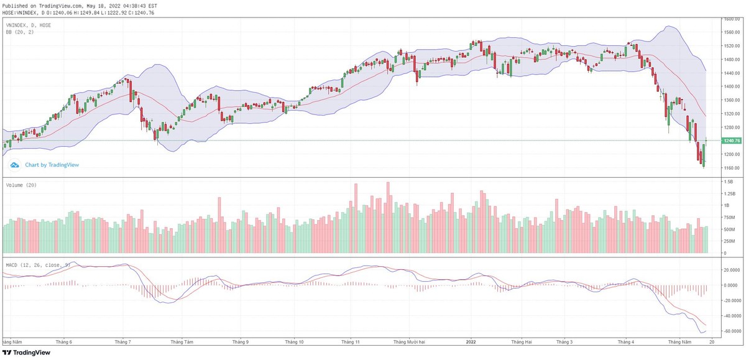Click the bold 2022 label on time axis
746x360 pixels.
click(x=471, y=342)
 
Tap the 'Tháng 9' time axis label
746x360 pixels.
click(x=240, y=342)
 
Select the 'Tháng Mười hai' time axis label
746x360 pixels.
click(x=409, y=342)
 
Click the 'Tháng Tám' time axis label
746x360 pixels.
click(x=182, y=342)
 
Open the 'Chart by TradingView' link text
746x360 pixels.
click(x=52, y=165)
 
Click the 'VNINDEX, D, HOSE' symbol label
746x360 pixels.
click(x=29, y=25)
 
